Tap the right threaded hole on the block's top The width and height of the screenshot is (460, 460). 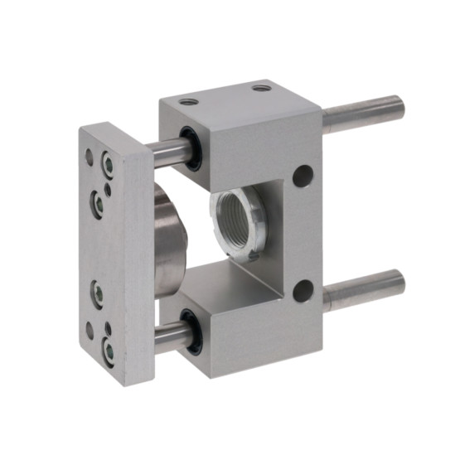tap(262, 85)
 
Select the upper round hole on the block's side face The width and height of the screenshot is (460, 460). tap(303, 176)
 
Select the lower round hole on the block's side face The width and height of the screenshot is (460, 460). tap(303, 290)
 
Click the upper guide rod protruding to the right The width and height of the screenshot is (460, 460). tap(365, 114)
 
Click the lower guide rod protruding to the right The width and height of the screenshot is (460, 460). tap(365, 287)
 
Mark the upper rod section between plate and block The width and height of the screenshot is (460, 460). tap(170, 149)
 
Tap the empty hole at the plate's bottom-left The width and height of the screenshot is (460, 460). tap(90, 330)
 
